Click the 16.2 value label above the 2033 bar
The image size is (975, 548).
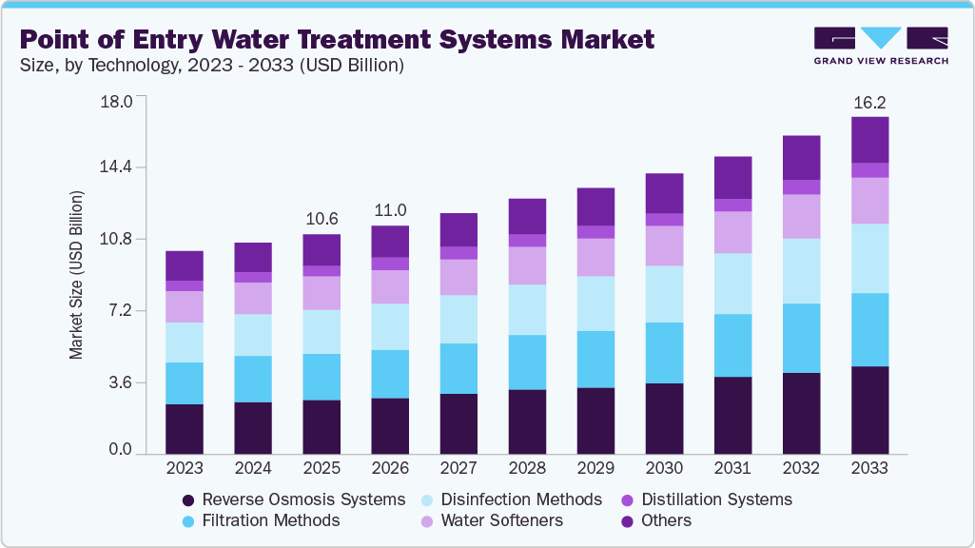[x=869, y=102]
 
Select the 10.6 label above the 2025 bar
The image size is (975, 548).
[x=322, y=219]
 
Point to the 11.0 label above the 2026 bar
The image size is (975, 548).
[x=390, y=210]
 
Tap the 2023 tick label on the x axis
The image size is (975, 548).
[x=185, y=468]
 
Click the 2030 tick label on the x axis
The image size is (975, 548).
[x=664, y=468]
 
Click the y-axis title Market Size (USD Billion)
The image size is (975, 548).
[x=75, y=275]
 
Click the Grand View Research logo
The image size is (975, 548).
[x=881, y=45]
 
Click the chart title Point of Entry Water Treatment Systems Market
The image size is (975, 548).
[x=337, y=39]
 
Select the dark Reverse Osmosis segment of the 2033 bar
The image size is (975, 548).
[x=869, y=409]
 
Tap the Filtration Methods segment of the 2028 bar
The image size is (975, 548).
[x=527, y=362]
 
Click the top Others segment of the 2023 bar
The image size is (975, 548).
[x=185, y=265]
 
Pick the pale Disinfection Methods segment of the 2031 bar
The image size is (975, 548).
[x=732, y=284]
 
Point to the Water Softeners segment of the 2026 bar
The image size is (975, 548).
[x=390, y=286]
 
